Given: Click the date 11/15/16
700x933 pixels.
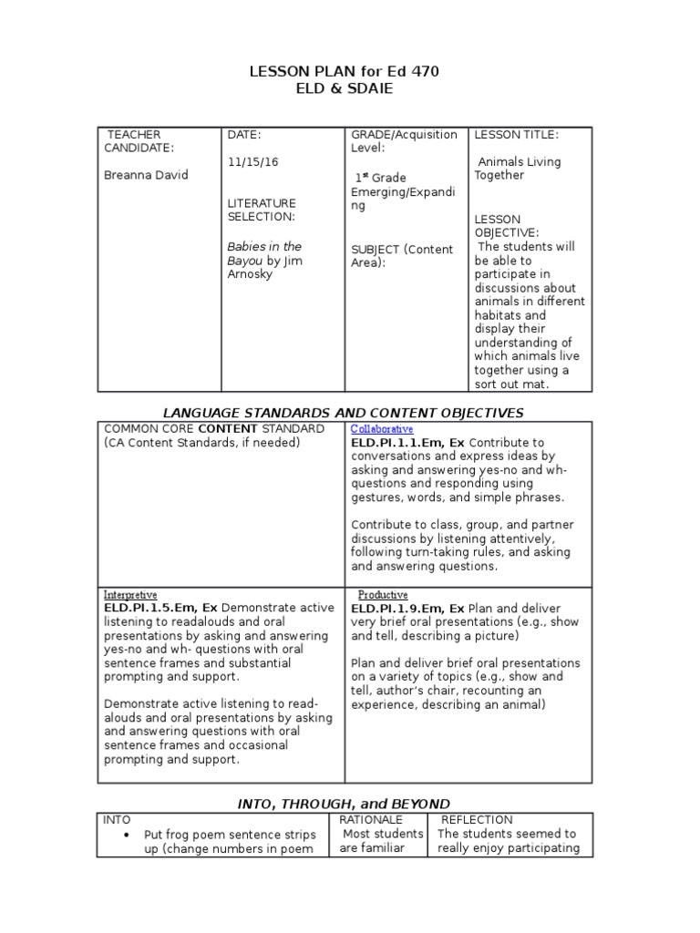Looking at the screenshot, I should click(x=252, y=161).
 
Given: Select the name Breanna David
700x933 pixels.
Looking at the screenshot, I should click(x=146, y=175).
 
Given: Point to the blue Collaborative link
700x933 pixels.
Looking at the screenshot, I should click(x=382, y=428).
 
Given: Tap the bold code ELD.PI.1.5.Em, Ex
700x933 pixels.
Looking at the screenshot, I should click(x=160, y=608).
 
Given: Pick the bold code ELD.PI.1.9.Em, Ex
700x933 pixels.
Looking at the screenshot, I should click(x=407, y=608).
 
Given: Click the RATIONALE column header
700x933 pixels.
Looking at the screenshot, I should click(x=371, y=819).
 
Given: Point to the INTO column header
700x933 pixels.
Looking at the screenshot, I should click(x=118, y=819).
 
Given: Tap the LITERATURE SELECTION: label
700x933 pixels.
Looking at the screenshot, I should click(x=262, y=210).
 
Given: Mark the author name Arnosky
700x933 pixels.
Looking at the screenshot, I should click(x=250, y=274).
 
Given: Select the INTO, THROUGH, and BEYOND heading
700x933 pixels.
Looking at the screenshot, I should click(x=344, y=804).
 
